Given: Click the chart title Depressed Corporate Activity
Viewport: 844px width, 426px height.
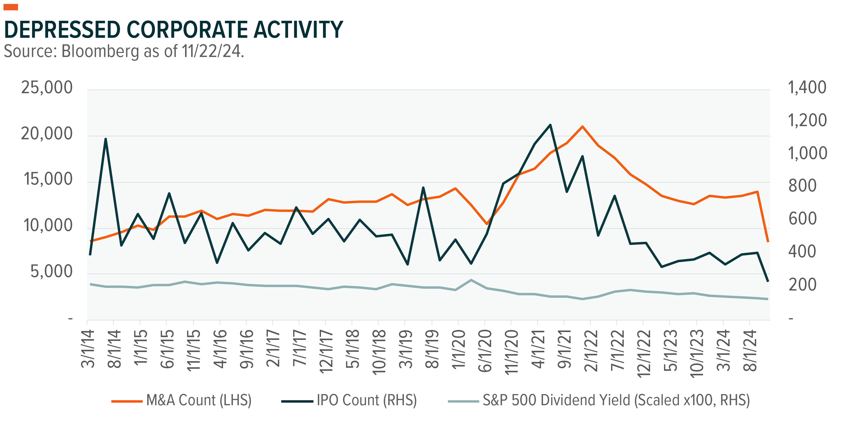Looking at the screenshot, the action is click(x=173, y=29).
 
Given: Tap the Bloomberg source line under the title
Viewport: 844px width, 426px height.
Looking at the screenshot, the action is click(x=124, y=51).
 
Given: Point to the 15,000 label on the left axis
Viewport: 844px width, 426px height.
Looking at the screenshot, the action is click(x=48, y=179).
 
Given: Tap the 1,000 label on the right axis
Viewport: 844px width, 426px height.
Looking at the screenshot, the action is click(x=807, y=153).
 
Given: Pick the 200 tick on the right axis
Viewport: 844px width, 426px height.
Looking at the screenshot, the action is click(x=802, y=284).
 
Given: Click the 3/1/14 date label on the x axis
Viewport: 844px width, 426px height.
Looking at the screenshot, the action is click(x=88, y=349).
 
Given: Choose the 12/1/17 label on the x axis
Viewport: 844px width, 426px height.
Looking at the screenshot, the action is click(x=326, y=352).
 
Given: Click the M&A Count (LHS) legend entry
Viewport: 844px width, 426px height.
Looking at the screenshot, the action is click(x=182, y=400).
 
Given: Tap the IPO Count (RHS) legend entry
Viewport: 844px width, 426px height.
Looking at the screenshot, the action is click(x=349, y=400).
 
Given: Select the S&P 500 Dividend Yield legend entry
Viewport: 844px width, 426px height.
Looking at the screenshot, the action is click(x=599, y=400).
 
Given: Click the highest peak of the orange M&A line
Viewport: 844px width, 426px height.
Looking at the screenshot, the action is click(x=582, y=126).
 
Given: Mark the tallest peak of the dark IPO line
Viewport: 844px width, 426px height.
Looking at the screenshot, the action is click(x=550, y=125).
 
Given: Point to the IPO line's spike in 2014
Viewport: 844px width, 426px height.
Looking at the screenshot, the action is click(x=106, y=139).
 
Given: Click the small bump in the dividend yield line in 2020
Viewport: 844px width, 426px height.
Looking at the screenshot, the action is click(x=471, y=280).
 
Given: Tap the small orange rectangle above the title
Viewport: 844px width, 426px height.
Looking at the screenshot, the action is click(x=11, y=7).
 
